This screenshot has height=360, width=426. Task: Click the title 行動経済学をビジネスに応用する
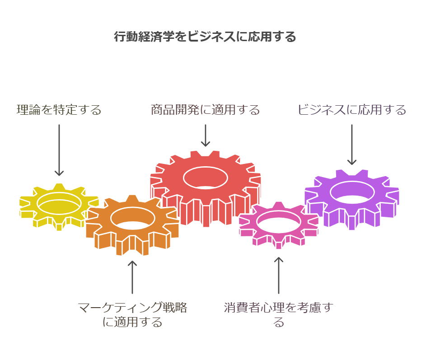205,37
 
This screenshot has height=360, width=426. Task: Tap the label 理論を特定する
59,110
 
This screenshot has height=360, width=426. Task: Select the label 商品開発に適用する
206,110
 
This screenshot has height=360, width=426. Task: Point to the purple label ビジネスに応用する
352,110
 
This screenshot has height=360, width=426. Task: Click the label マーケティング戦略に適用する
132,315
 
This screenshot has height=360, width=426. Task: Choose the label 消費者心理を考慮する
278,315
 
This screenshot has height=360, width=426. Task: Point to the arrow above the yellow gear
59,150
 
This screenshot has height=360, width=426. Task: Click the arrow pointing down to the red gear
206,136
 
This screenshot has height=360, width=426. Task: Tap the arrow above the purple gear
352,145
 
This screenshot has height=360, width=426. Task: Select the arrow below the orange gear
132,277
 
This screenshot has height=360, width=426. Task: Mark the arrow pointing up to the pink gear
278,276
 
